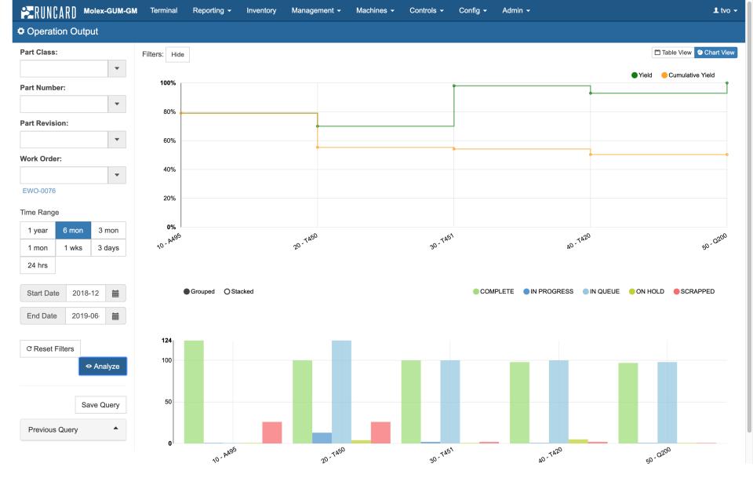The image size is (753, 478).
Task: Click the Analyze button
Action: pos(102,366)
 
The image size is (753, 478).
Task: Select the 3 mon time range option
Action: pos(108,230)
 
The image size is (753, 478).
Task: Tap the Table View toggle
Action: pos(673,53)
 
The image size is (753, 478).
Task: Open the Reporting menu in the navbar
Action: pos(212,11)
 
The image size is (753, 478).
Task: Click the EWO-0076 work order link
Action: pos(39,191)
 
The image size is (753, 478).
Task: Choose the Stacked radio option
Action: pos(238,291)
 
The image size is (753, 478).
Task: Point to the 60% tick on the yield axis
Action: pos(169,140)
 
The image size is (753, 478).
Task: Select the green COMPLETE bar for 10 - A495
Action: pos(194,392)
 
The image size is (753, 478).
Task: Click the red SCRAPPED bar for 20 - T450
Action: pos(380,432)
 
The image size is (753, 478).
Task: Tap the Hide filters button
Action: pos(178,54)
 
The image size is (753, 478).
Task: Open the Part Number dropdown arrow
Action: pos(117,104)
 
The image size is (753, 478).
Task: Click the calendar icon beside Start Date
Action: pos(115,294)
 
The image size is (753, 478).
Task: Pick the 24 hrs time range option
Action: pos(38,265)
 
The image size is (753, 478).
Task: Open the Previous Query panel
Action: pos(73,429)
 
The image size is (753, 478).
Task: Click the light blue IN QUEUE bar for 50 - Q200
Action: pos(667,402)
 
